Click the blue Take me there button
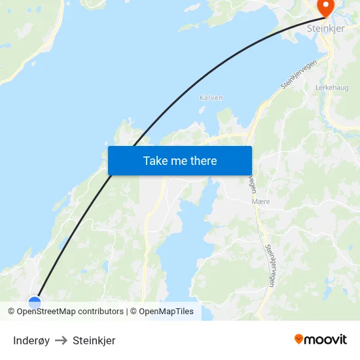tap(179, 160)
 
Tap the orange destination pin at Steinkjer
tap(325, 7)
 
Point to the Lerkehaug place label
tap(332, 86)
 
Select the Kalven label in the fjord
tap(211, 98)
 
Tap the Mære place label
tap(261, 202)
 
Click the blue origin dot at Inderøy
tap(35, 302)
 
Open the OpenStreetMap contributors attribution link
tap(69, 312)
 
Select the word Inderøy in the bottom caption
tap(31, 340)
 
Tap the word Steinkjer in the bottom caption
tap(94, 340)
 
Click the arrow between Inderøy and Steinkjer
tap(61, 340)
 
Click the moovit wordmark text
tap(326, 340)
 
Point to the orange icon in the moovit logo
tap(299, 339)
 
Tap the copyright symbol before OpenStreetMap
tap(12, 312)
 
